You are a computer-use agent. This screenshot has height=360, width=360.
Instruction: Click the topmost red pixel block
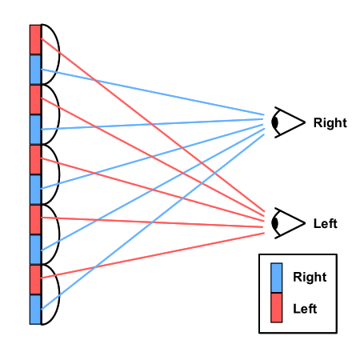point(35,39)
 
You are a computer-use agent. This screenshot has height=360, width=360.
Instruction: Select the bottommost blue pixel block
point(35,310)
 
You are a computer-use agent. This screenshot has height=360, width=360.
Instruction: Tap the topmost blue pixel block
point(35,70)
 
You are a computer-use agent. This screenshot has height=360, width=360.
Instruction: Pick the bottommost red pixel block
point(35,279)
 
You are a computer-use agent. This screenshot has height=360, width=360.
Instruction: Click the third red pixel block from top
point(35,159)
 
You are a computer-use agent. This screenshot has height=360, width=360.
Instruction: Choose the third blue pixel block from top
point(35,190)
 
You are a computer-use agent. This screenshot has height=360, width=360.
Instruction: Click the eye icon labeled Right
point(288,122)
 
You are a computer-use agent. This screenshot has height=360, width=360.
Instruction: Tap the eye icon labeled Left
point(288,223)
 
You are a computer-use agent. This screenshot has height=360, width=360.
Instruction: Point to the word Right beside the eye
point(330,123)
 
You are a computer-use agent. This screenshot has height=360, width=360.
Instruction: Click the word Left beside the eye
point(326,223)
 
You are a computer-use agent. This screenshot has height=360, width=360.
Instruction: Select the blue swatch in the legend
point(276,278)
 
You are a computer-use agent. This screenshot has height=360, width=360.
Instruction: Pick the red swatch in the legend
point(276,308)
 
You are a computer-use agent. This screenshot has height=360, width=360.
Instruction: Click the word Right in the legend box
point(310,277)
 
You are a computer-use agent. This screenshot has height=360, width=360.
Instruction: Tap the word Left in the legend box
point(305,309)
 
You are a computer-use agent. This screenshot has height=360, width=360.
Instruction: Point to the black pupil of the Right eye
point(275,122)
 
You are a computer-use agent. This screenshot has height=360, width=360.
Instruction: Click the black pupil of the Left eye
point(275,223)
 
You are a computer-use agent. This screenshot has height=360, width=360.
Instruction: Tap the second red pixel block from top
point(35,99)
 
